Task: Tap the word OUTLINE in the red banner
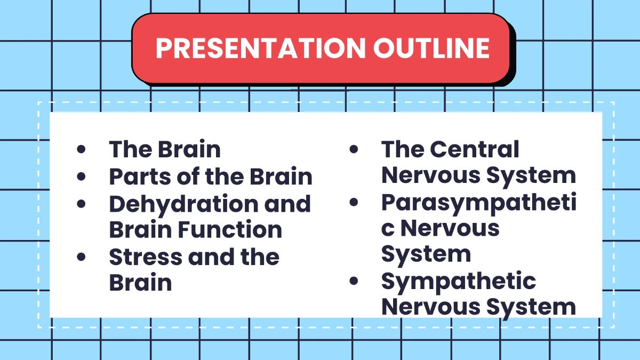[431, 48]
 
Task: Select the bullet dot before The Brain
[82, 149]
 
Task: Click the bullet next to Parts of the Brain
[82, 176]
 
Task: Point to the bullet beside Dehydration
[82, 203]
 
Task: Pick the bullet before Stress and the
[82, 257]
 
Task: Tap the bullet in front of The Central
[354, 149]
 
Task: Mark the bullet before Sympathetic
[354, 281]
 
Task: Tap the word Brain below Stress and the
[141, 283]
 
